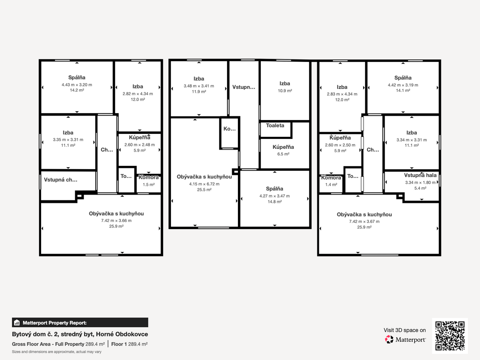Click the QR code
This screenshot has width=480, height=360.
pos(450,335)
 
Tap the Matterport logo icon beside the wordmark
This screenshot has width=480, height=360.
pos(389,340)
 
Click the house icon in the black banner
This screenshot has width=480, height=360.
pos(17,323)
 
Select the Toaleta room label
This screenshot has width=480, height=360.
pos(275,126)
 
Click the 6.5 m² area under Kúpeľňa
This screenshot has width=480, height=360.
pos(283,154)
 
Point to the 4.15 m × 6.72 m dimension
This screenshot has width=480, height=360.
pos(204,184)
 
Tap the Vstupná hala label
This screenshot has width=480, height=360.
pos(420,175)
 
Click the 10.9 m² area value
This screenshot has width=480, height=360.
pos(285,91)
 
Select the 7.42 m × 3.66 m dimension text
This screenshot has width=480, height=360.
pos(116,220)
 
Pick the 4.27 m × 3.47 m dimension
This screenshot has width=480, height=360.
pos(275,196)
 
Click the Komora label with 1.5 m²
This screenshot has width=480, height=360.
pos(148,178)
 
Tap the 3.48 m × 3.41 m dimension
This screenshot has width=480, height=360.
pos(199,86)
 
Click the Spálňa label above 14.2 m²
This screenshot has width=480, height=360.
pos(77,78)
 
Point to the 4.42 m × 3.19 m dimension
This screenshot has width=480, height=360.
pos(403,85)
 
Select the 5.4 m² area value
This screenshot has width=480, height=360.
pos(420,188)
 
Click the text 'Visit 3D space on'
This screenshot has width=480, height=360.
pos(405,330)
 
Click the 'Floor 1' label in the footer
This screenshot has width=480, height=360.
pos(119,344)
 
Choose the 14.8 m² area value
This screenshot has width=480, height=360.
pos(275,202)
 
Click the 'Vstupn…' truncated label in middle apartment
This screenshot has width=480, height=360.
pos(244,87)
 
